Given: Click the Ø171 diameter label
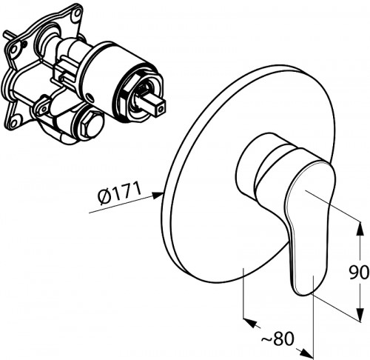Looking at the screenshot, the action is [119, 193].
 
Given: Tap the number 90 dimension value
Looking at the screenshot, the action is [359, 273].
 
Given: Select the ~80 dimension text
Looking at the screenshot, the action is [278, 339].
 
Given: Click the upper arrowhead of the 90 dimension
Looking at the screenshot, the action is [360, 228].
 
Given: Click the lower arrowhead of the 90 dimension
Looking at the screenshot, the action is [360, 314].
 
